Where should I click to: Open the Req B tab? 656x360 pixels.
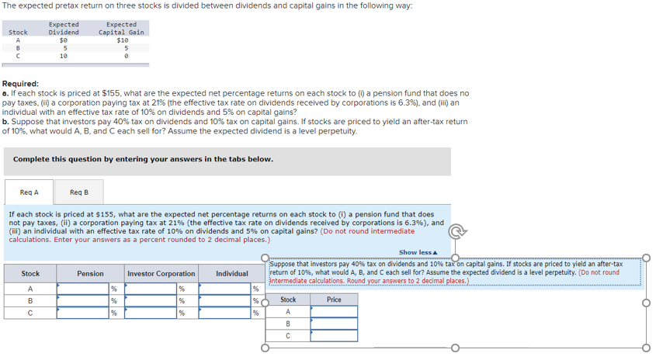tap(79, 192)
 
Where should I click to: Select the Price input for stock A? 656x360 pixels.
tap(334, 311)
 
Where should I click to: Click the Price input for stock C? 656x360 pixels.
tap(334, 335)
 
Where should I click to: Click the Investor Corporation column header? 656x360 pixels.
tap(161, 274)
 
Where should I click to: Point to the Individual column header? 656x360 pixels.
tap(232, 274)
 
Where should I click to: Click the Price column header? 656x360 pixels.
tap(334, 299)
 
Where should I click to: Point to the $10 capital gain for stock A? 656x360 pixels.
tap(122, 40)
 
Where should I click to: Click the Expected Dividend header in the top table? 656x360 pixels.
tap(64, 29)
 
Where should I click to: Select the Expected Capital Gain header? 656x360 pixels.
tap(122, 29)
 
